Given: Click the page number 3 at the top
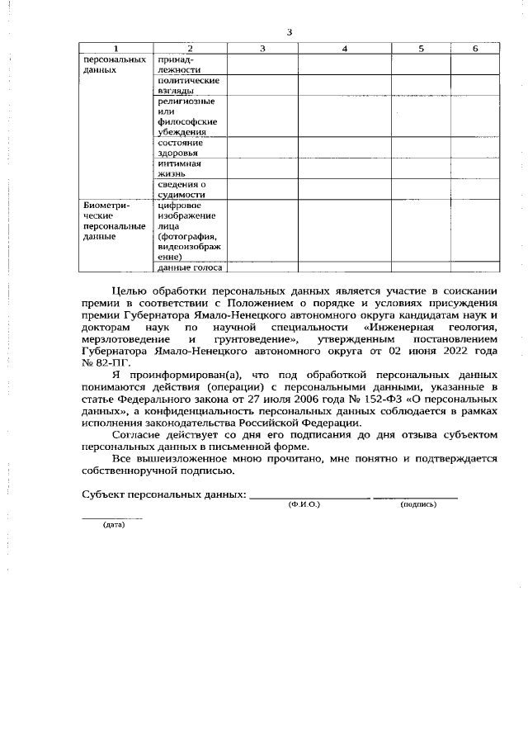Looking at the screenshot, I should pyautogui.click(x=289, y=32).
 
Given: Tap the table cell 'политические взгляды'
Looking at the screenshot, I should pyautogui.click(x=188, y=85).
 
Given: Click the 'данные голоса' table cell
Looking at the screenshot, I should pyautogui.click(x=189, y=267).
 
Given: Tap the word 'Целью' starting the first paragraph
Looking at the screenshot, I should pyautogui.click(x=130, y=291).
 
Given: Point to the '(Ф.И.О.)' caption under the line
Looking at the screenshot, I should pyautogui.click(x=304, y=504).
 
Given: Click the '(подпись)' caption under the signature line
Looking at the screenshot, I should pyautogui.click(x=417, y=504).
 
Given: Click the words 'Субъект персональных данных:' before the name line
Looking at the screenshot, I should pyautogui.click(x=163, y=493).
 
